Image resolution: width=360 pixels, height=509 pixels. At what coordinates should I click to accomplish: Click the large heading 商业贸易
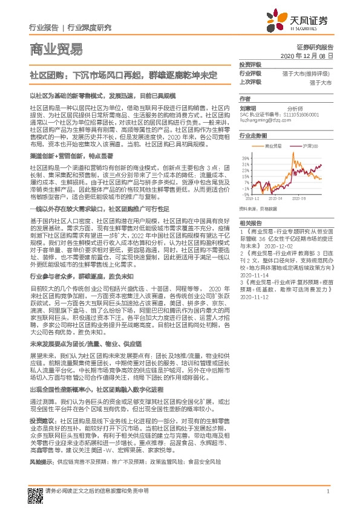click(x=56, y=50)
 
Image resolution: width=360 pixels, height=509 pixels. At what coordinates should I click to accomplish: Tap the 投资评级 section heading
click(x=250, y=64)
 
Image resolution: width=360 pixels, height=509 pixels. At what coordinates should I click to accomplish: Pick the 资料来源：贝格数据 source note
click(x=258, y=209)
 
